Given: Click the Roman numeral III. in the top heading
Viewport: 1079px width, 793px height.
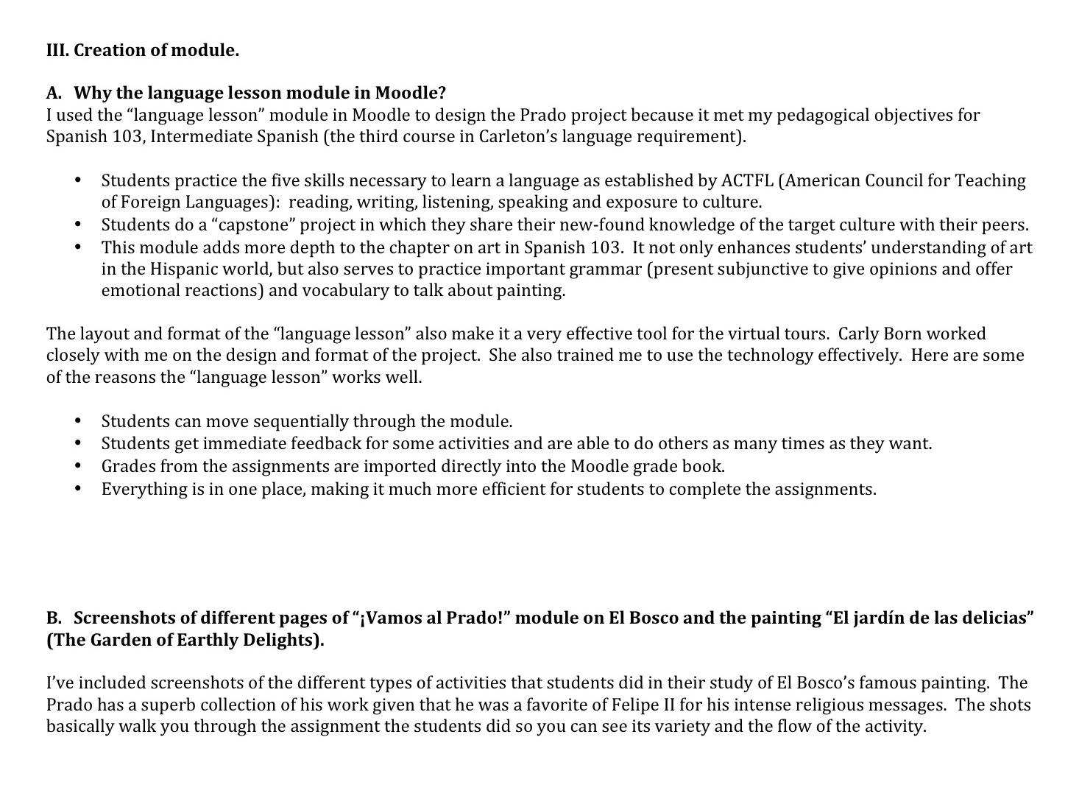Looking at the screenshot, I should [x=57, y=51].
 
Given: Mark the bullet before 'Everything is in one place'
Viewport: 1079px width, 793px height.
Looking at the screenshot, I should [x=78, y=489].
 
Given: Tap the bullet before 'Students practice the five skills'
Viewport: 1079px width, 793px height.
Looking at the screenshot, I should [x=78, y=181].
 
